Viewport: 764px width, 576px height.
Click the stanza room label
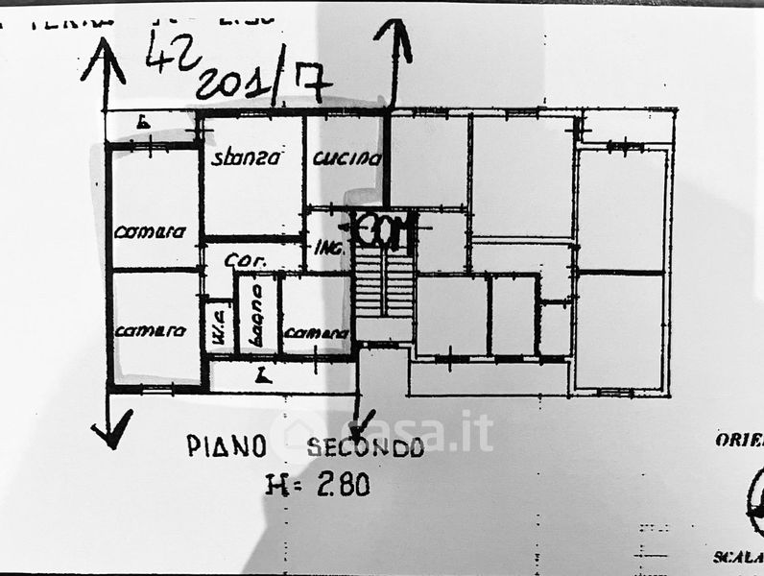point(246,158)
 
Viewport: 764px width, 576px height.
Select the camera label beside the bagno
point(316,332)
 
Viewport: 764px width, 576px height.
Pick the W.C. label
point(217,327)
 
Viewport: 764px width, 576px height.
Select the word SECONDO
point(365,447)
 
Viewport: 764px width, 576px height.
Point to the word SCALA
point(738,557)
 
